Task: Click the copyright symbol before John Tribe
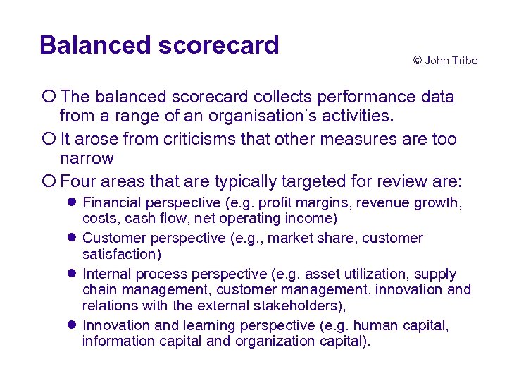click(x=417, y=61)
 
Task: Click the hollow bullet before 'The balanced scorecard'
click(x=49, y=97)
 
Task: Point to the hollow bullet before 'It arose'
click(x=49, y=139)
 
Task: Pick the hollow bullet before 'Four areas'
click(x=49, y=181)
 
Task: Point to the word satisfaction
click(x=120, y=254)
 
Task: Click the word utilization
click(x=373, y=274)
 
